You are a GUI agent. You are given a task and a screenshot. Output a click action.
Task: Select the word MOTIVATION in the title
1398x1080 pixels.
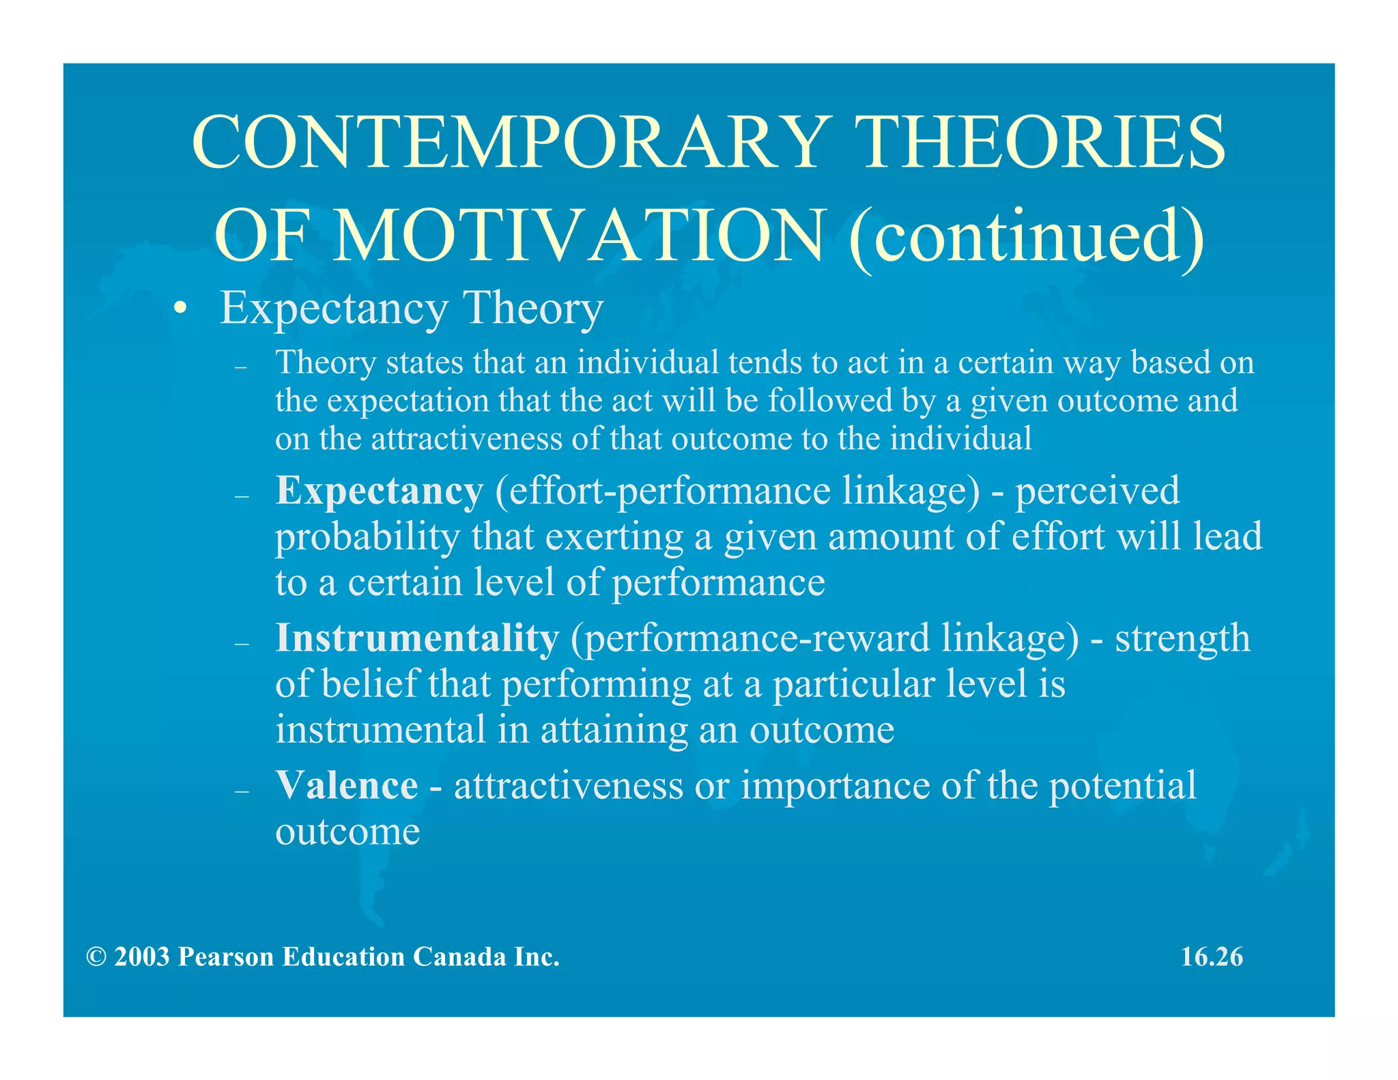(x=580, y=236)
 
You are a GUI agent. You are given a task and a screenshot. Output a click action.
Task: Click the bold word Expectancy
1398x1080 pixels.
(x=379, y=491)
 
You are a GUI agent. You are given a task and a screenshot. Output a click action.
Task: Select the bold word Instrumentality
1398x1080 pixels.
(x=417, y=638)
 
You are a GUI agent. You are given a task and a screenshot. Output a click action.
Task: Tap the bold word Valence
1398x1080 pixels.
(x=347, y=786)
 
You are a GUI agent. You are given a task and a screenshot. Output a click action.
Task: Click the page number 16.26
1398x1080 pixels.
(x=1212, y=956)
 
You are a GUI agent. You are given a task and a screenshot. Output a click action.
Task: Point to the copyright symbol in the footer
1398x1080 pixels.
(x=96, y=957)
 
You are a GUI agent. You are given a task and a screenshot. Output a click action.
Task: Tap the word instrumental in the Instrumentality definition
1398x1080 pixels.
(x=380, y=729)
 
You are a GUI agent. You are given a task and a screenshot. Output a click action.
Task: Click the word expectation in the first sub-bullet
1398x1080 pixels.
(x=408, y=401)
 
